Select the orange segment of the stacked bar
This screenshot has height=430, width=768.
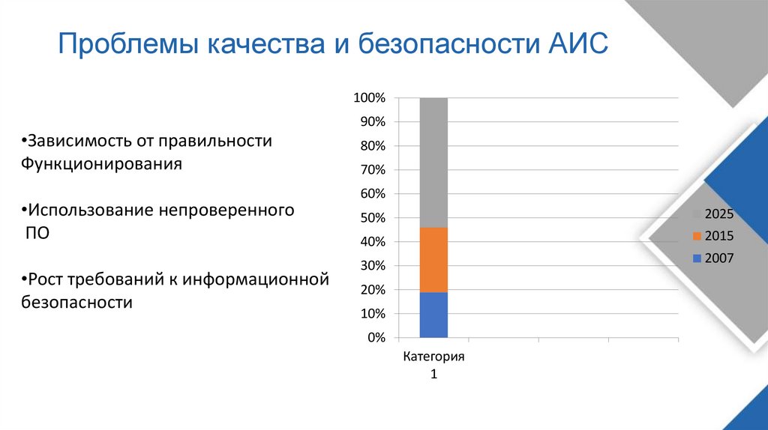[433, 259]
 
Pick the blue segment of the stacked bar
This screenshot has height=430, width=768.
[433, 315]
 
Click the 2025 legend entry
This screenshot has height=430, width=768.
[712, 214]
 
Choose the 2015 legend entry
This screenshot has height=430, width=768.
[712, 236]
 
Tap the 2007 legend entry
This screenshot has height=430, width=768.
[712, 258]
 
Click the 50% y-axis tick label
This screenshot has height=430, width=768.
[370, 218]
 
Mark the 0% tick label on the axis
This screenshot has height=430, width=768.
[374, 338]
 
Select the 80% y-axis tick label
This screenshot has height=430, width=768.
[370, 146]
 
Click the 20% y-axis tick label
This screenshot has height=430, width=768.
[370, 290]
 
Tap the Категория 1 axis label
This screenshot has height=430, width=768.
[433, 365]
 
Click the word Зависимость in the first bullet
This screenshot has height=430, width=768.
[76, 141]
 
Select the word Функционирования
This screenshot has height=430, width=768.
[101, 164]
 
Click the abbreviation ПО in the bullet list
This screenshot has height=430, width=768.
[37, 233]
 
